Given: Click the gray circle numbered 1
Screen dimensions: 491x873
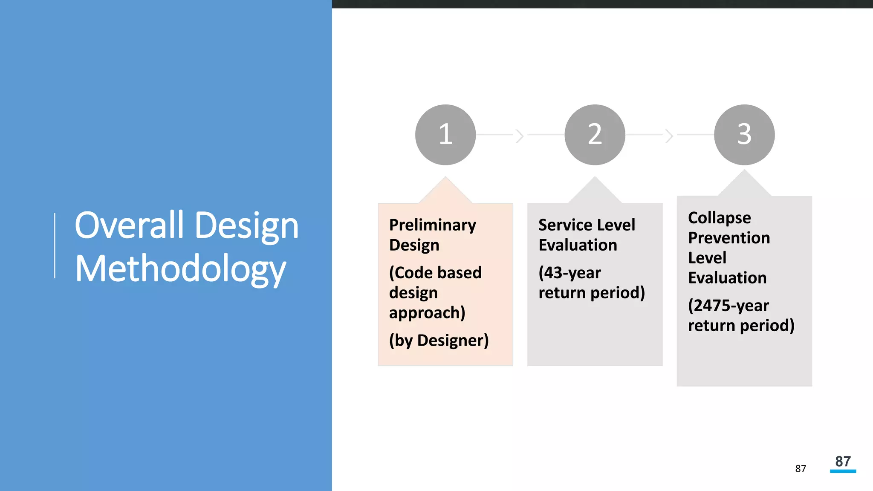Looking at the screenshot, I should click(445, 135).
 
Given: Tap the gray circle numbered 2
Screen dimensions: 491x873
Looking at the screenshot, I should click(595, 135).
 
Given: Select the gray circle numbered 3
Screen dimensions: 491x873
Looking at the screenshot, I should click(744, 135).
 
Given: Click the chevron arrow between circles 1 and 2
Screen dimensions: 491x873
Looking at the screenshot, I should click(519, 136).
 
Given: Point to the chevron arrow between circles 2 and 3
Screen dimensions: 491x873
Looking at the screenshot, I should click(669, 136).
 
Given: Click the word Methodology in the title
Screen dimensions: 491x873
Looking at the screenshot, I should click(180, 269).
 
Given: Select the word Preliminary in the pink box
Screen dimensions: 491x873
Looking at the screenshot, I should click(432, 225).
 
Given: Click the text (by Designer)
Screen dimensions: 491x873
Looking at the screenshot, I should click(439, 340).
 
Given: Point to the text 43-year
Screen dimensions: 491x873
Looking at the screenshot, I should click(569, 273).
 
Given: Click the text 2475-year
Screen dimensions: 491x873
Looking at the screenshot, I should click(728, 306).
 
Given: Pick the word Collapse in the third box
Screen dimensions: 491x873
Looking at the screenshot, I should click(719, 218).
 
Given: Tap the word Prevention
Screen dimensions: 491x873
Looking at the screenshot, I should click(729, 238).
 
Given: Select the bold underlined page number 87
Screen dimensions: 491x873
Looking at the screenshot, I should click(843, 462).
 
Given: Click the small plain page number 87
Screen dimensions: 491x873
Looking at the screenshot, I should click(801, 469).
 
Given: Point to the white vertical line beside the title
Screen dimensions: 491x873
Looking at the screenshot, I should click(55, 245).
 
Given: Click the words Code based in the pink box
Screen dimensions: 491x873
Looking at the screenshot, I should click(435, 273).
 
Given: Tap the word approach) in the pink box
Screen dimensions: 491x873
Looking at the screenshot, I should click(427, 313).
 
